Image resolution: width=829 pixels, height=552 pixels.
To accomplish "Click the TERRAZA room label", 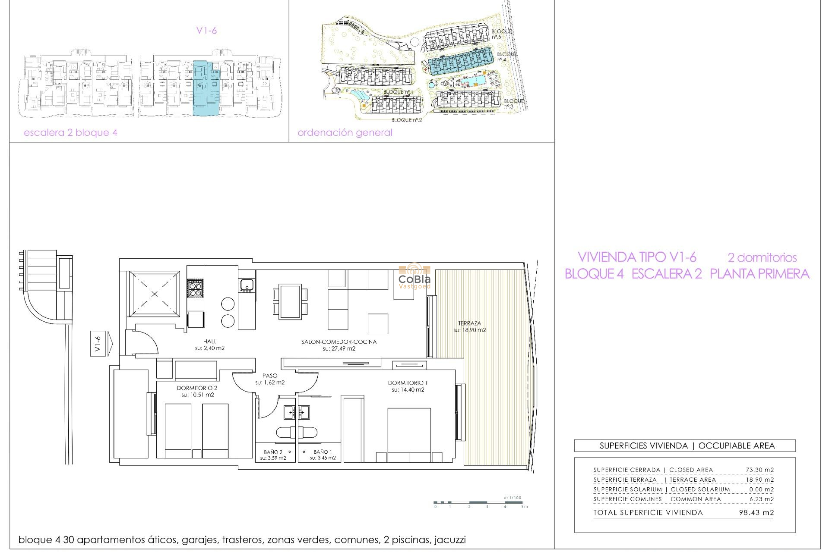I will coord(469,323).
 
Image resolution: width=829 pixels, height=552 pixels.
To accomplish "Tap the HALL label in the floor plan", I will coord(210,341).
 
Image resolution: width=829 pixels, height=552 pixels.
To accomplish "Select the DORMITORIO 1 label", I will coord(408,383).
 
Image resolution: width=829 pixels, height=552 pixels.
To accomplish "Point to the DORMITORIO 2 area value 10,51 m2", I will coord(198,395).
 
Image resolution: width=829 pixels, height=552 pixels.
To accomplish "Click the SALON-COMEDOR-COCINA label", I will coord(339,342).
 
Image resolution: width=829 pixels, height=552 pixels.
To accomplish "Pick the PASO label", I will coord(270,376).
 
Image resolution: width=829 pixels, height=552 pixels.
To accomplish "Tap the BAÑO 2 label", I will coord(273,452).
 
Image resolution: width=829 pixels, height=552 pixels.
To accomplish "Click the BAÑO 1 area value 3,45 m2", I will coord(323,458).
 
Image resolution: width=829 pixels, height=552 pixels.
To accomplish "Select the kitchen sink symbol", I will coord(247,285).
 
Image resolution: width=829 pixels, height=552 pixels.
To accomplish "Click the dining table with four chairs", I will coord(290,301).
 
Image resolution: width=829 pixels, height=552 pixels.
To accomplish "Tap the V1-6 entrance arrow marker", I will coord(101,344).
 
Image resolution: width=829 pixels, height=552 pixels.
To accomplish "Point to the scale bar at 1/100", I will coord(480,502).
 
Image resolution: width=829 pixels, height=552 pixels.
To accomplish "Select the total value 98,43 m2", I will coord(756,512).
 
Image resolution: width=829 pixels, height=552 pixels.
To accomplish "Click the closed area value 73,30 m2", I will coord(759,470).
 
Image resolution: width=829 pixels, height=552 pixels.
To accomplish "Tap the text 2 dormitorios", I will coord(762,257).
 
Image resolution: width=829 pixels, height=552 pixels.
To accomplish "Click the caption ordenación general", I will coord(345,132).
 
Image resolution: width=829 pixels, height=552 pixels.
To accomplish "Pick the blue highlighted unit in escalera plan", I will coord(206,88).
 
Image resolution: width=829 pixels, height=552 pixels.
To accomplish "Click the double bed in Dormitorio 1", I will coord(409,433).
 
